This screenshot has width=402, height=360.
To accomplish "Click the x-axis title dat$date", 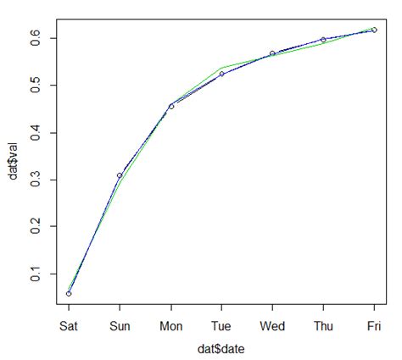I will pos(221,347).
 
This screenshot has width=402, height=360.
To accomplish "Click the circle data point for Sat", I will pos(69,293).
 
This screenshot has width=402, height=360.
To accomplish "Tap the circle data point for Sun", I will pos(120,175).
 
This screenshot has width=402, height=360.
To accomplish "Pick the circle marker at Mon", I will pos(170,106).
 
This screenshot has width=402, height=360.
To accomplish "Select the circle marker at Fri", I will pos(374,30).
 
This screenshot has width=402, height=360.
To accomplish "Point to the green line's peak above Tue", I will pos(221,67).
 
